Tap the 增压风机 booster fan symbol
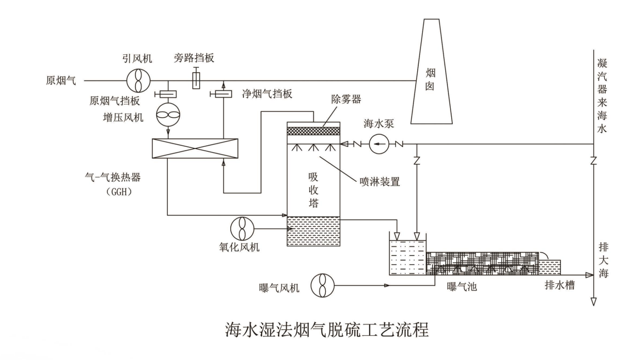tap(168, 116)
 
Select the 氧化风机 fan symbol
tap(241, 228)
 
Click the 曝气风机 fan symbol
tap(322, 285)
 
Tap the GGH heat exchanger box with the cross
tap(196, 149)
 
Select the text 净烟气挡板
tap(267, 94)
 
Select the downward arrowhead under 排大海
tap(594, 301)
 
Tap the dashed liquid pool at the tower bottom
tap(314, 231)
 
